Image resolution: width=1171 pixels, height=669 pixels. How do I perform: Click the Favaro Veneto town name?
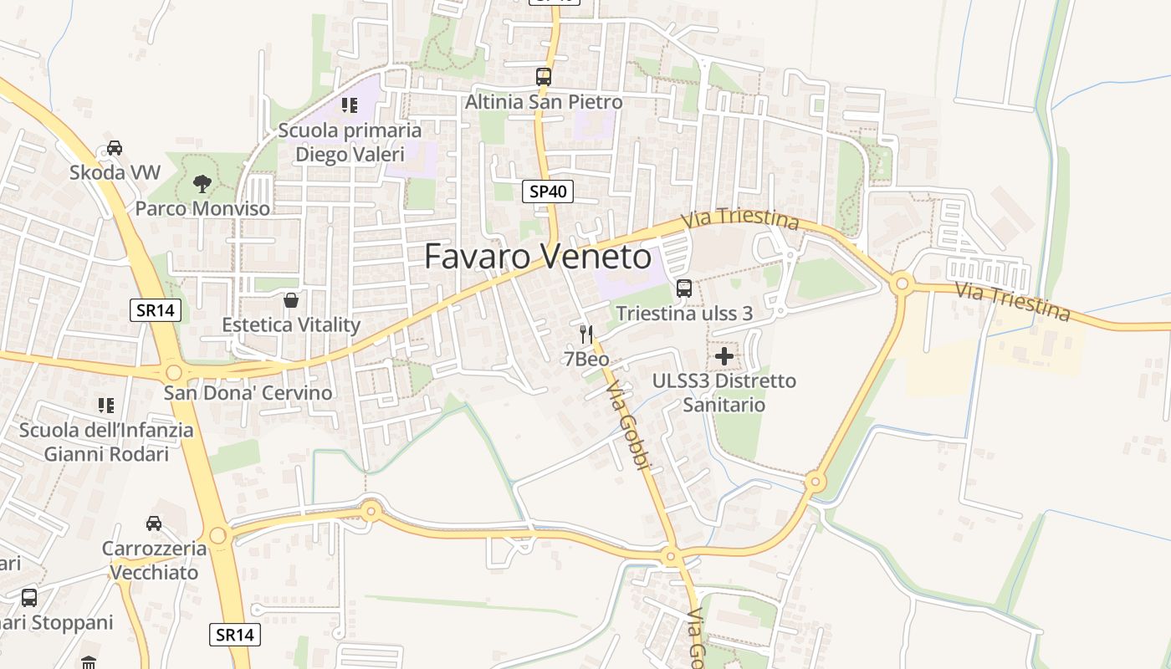tap(538, 256)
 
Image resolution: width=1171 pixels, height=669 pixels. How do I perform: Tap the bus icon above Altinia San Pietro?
tap(544, 77)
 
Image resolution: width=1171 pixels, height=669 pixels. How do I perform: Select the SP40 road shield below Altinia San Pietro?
tap(549, 192)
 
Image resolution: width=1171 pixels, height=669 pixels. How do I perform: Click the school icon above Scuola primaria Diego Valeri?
tap(350, 105)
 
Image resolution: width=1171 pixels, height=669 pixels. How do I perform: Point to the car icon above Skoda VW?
tap(115, 148)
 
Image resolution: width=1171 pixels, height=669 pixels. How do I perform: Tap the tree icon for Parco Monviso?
tap(202, 183)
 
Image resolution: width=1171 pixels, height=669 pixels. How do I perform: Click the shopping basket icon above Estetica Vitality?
tap(291, 299)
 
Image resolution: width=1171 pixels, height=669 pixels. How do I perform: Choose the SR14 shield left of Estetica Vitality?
tap(156, 310)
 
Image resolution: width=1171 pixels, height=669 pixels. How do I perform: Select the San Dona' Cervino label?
tap(248, 393)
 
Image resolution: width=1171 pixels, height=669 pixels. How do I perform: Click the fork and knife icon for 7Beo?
tap(586, 334)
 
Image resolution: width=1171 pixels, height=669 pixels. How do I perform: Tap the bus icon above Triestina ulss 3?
tap(684, 289)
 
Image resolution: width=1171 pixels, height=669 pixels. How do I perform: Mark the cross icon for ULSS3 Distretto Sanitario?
tap(724, 357)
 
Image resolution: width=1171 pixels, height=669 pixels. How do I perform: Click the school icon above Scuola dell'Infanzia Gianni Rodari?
tap(106, 406)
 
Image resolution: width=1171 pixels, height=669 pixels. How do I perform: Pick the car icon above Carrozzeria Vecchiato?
tap(154, 523)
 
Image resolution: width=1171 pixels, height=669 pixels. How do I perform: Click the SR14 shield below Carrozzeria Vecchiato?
tap(232, 634)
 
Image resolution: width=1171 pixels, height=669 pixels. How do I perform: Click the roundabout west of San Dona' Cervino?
tap(173, 372)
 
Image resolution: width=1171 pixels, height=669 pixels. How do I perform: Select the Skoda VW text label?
tap(115, 173)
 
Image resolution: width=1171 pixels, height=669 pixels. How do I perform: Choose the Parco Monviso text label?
tap(202, 208)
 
